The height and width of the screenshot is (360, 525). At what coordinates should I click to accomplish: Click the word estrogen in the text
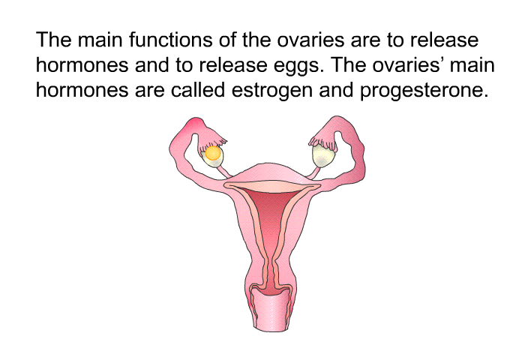(271, 91)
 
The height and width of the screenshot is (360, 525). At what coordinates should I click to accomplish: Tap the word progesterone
(424, 91)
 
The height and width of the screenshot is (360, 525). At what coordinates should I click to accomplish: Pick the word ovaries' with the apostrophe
(408, 65)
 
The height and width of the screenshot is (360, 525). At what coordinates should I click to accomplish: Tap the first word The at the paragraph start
(53, 40)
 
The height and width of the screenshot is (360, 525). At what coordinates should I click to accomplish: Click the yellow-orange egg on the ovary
(213, 154)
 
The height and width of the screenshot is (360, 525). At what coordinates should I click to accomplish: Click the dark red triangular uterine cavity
(271, 214)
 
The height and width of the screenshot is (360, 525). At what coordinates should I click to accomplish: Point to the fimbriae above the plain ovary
(322, 141)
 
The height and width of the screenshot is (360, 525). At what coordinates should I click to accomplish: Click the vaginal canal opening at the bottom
(271, 311)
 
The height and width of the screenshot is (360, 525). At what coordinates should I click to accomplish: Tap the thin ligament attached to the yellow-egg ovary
(224, 171)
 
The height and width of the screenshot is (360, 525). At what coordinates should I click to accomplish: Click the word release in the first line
(444, 40)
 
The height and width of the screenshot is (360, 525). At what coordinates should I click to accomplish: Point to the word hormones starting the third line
(82, 90)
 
